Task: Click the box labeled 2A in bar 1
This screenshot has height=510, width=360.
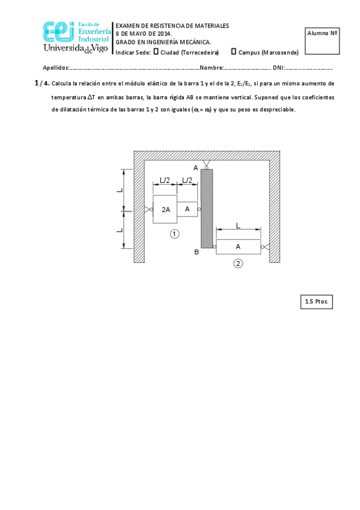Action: tap(165, 209)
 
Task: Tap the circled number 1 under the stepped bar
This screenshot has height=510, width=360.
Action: tap(174, 234)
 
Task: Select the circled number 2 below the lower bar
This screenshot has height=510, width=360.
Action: tap(239, 263)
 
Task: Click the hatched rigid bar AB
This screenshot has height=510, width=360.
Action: tap(206, 209)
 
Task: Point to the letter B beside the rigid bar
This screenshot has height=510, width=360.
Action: tap(196, 252)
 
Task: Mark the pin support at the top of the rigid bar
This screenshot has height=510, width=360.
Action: tap(206, 164)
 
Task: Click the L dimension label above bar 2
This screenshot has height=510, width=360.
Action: tap(238, 226)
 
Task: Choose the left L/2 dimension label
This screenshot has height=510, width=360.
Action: tap(165, 180)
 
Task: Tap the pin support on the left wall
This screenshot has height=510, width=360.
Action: tap(147, 209)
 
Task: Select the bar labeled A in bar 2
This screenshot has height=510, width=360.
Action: tap(238, 247)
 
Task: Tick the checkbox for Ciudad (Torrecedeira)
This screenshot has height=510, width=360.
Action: tap(156, 52)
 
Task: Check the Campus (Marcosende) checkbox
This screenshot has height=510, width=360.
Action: tap(234, 52)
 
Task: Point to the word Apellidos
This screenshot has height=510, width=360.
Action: tap(56, 67)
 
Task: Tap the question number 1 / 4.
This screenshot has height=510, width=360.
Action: tap(41, 84)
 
